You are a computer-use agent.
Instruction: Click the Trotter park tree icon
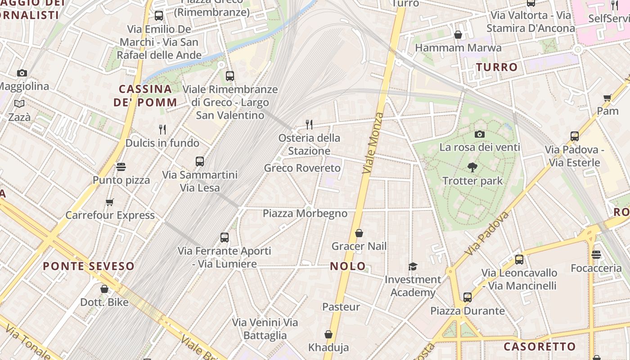pos(472,167)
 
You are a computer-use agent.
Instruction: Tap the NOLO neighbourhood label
pos(348,266)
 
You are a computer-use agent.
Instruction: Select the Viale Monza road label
pos(373,143)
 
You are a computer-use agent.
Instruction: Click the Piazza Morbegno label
pos(305,213)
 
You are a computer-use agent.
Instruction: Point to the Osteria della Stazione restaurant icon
pos(309,124)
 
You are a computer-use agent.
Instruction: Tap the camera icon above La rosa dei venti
pos(480,134)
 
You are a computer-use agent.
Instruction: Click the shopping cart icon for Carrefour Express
pos(109,202)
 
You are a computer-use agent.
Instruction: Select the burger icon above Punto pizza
pos(121,167)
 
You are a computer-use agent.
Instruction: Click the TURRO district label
pos(497,67)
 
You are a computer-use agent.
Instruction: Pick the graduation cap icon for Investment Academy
pos(413,266)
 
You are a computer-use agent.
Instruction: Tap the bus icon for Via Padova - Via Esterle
pos(574,136)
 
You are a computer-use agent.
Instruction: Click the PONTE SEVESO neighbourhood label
pos(89,266)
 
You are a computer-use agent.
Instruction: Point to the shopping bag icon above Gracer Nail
pos(359,233)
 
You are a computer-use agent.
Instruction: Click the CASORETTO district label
pos(540,346)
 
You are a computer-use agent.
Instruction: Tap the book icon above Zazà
pos(19,104)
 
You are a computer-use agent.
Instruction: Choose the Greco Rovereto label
pos(302,168)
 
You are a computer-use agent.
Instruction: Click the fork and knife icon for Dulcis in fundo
pos(162,130)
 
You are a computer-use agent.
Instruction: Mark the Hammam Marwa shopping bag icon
pos(458,35)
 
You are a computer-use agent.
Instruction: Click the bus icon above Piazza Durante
pos(468,297)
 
